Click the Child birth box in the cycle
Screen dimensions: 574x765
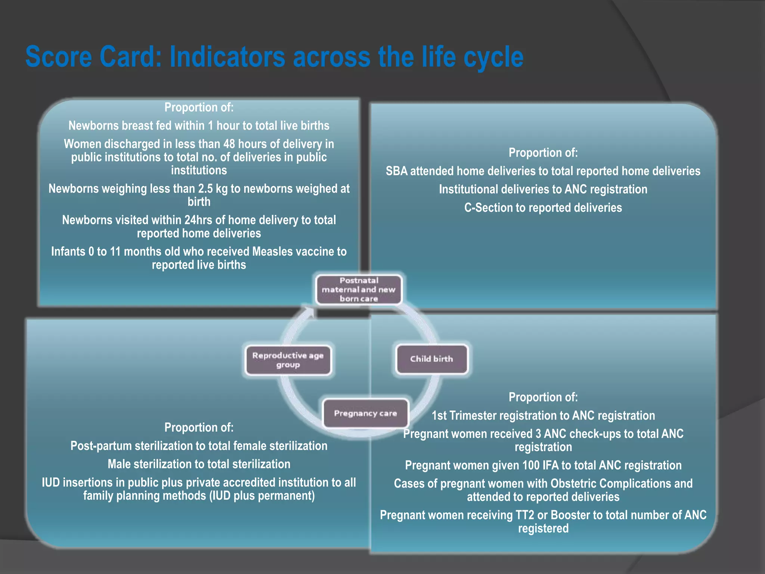[431, 359]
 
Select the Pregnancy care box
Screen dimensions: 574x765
[365, 414]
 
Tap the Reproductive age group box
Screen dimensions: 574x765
[288, 360]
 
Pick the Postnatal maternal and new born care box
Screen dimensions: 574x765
[359, 290]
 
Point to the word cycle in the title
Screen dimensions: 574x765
[493, 57]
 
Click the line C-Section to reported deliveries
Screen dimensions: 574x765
[543, 208]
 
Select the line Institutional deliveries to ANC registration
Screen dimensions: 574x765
[543, 189]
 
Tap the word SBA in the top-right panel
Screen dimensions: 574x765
[397, 171]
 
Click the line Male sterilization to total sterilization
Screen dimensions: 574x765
[199, 464]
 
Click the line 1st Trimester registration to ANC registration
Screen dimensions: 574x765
[543, 416]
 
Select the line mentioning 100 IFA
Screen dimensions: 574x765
[543, 465]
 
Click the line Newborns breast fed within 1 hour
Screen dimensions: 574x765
[199, 126]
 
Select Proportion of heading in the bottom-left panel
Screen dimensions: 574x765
[199, 428]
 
